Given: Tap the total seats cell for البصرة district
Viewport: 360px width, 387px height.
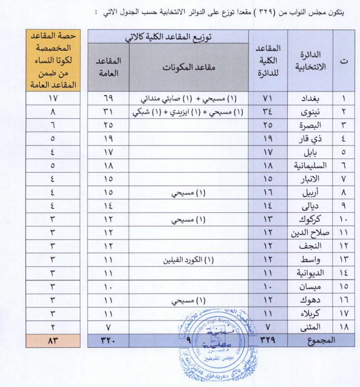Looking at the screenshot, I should [268, 125].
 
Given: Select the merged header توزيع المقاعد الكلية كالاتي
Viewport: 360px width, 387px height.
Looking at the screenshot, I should [168, 37].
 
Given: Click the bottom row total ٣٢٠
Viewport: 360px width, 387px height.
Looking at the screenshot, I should [108, 340].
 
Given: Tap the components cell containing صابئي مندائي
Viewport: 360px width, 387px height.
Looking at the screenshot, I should [189, 98].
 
